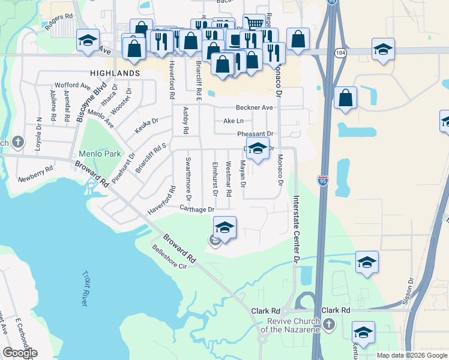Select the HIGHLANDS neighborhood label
(x=115, y=73)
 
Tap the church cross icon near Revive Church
(x=327, y=325)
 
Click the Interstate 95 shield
(x=322, y=179)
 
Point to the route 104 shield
(x=340, y=53)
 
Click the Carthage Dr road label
(x=196, y=209)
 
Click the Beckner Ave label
(x=255, y=107)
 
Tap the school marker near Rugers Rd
(x=88, y=41)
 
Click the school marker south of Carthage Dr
(x=224, y=227)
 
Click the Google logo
(x=20, y=353)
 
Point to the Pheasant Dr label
(x=255, y=134)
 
